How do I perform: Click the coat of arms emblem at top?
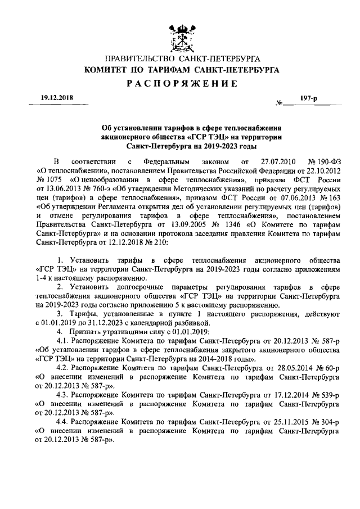(x=179, y=35)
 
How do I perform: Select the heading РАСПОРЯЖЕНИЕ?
(x=179, y=83)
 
